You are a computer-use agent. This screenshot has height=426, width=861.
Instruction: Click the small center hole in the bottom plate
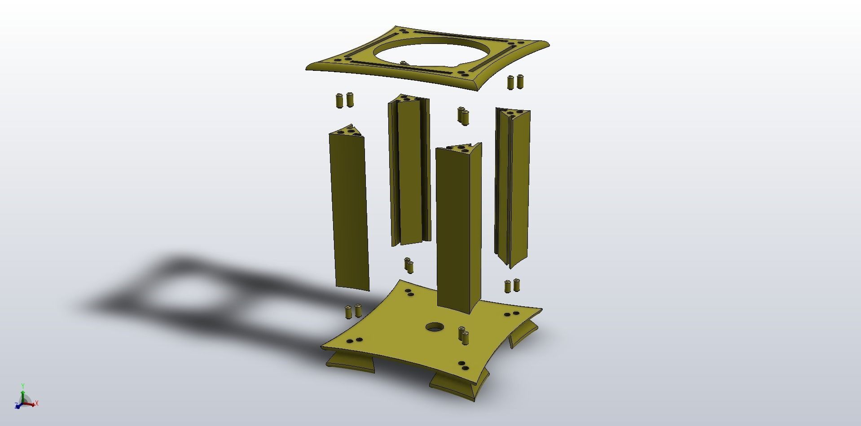434,326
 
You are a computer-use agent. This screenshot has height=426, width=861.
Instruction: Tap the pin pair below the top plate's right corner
515,82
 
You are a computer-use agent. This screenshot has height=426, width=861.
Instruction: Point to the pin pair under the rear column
409,265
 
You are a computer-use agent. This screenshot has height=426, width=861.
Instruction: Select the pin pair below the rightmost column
512,286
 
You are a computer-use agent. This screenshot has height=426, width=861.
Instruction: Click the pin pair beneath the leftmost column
353,311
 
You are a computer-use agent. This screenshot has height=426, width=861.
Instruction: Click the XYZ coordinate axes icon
25,399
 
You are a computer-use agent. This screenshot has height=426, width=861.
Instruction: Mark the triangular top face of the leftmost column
347,131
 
